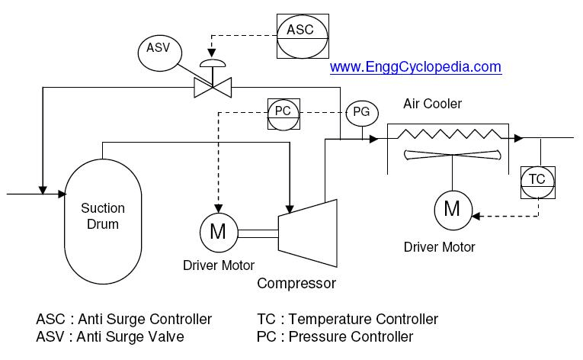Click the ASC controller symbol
pyautogui.click(x=303, y=31)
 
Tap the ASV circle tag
pyautogui.click(x=159, y=51)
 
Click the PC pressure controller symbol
pyautogui.click(x=282, y=111)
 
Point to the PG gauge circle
pyautogui.click(x=361, y=113)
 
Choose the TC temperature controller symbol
pyautogui.click(x=537, y=179)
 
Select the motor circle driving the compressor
pyautogui.click(x=217, y=230)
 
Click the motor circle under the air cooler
pyautogui.click(x=452, y=209)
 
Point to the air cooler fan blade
pyautogui.click(x=453, y=155)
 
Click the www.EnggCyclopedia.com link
pyautogui.click(x=415, y=67)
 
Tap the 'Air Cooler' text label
pyautogui.click(x=432, y=104)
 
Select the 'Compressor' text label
pyautogui.click(x=296, y=284)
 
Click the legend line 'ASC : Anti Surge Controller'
pyautogui.click(x=123, y=319)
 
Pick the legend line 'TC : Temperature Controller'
pyautogui.click(x=348, y=319)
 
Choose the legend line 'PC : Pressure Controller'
pyautogui.click(x=335, y=336)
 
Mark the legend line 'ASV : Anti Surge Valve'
pyautogui.click(x=110, y=336)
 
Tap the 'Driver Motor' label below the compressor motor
pyautogui.click(x=217, y=265)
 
